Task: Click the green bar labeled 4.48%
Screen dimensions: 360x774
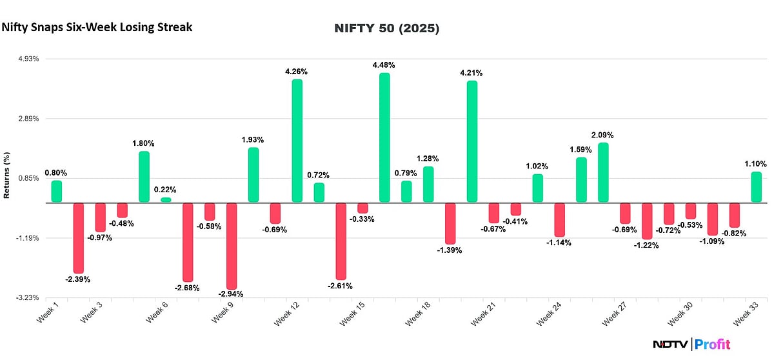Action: click(384, 137)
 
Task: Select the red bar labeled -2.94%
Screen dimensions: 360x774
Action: click(231, 246)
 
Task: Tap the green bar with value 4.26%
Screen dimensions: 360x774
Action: click(297, 141)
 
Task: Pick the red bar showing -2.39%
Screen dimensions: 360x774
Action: click(78, 238)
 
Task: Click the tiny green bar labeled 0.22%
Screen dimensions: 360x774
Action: click(166, 200)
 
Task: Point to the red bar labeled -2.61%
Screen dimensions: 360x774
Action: click(341, 241)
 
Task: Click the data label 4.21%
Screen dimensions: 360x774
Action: click(471, 73)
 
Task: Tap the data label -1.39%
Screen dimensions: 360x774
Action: click(449, 250)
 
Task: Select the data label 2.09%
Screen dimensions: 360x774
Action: click(602, 135)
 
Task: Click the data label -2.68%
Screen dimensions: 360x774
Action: click(187, 288)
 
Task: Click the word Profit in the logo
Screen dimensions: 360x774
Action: click(713, 345)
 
